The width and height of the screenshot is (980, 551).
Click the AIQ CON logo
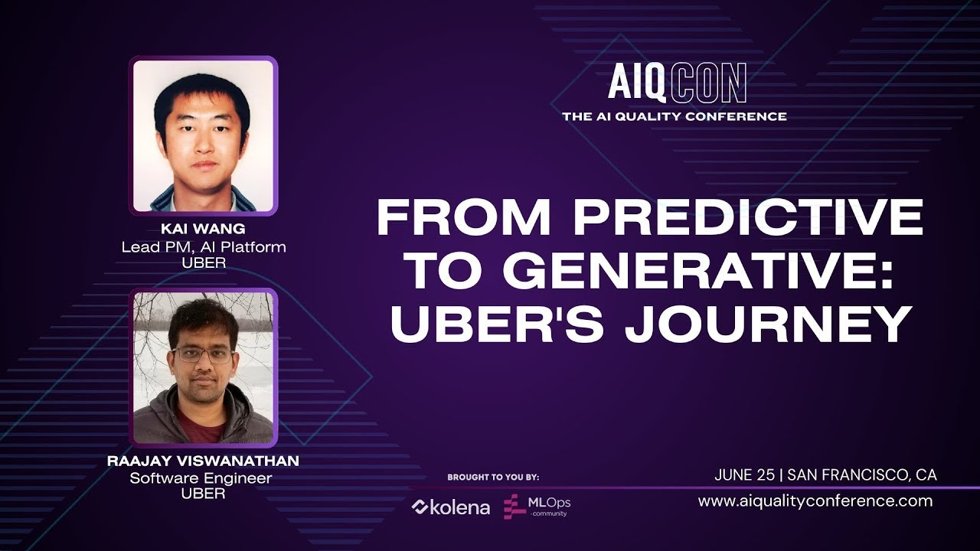coord(677,83)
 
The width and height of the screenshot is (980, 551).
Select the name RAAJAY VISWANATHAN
coord(203,461)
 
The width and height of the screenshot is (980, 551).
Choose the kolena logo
coord(451,507)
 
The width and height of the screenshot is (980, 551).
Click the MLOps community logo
coord(537,506)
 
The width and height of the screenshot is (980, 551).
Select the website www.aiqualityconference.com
coord(815,501)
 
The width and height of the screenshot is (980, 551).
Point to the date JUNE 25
coord(744,475)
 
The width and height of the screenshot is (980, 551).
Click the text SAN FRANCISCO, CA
coord(861,475)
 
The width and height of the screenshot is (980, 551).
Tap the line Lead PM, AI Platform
coord(203,247)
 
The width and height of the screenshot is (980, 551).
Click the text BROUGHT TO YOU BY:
coord(493,478)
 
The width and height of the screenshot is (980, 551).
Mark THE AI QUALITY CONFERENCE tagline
coord(675,116)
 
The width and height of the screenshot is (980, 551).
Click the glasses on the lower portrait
coord(203,355)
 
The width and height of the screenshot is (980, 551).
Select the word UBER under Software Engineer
coord(203,494)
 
